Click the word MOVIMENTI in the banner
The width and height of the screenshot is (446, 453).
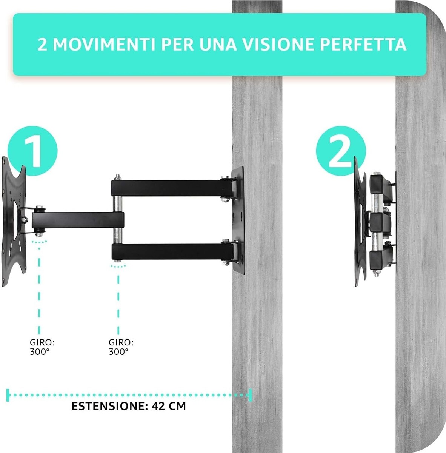point(104,45)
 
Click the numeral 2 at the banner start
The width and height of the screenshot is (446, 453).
point(43,45)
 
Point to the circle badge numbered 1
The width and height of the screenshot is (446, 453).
point(33,150)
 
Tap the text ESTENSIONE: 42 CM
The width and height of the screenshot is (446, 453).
point(129,406)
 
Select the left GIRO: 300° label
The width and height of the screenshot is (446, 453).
point(42,347)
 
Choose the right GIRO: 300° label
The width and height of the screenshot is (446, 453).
point(121,347)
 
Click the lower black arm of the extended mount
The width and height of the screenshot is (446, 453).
point(170,251)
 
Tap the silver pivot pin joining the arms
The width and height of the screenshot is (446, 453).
point(118,219)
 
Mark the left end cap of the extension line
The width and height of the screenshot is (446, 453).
point(8,395)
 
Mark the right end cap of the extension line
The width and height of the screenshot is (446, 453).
point(249,395)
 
